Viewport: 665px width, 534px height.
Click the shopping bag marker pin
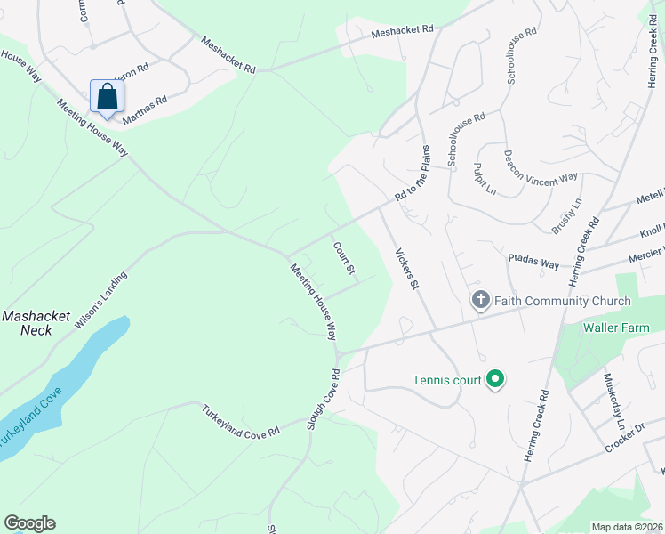coord(106,95)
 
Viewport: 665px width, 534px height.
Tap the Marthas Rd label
coord(145,109)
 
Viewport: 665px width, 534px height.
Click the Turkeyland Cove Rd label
coord(240,420)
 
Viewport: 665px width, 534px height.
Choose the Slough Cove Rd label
coord(324,400)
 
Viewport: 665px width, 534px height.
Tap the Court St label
coord(345,257)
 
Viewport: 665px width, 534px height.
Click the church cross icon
coord(480,300)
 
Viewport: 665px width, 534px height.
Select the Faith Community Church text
coord(562,301)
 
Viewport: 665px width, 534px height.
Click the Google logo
coord(29,522)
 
